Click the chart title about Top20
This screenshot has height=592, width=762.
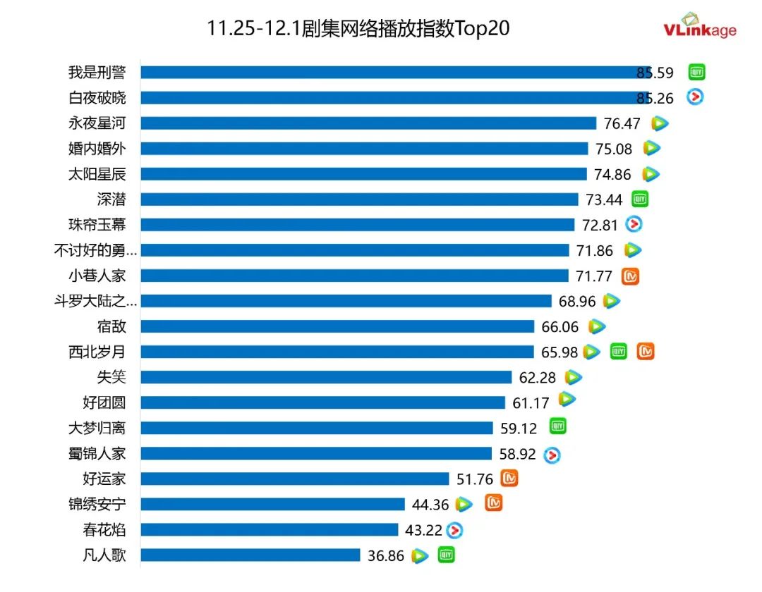tap(358, 28)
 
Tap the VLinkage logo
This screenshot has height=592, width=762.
tap(699, 26)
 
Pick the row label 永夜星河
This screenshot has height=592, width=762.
tap(97, 123)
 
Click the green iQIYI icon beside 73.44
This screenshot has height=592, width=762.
tap(639, 199)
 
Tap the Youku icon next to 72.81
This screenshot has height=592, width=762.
tap(634, 224)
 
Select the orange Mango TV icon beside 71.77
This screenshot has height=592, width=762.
tap(630, 276)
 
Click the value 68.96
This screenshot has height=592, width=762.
tap(577, 302)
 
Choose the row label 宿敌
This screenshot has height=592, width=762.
tap(111, 326)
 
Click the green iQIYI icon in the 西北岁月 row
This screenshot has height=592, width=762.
tap(619, 351)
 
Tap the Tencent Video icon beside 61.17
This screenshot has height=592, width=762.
tap(567, 400)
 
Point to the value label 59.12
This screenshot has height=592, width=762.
tap(519, 428)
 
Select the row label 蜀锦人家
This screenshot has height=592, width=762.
tap(97, 453)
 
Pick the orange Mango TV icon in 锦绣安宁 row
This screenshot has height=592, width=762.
tap(494, 502)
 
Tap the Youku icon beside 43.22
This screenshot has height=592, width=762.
tap(455, 530)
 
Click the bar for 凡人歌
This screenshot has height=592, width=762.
tap(250, 555)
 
